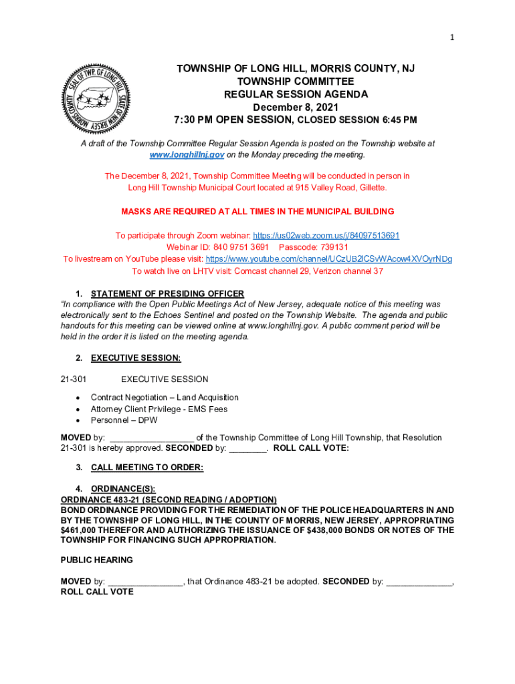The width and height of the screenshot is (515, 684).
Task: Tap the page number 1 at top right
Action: coord(452,38)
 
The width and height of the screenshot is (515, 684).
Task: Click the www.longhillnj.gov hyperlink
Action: coord(187,155)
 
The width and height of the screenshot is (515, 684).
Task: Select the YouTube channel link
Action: coord(328,259)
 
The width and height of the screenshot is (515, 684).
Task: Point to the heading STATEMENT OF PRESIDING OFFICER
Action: coord(167,294)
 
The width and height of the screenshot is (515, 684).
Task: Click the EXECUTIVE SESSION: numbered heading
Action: coord(136,358)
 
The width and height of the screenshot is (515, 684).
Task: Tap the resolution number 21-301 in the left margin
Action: coord(74,379)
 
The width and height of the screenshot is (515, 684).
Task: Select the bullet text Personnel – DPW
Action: coord(124,421)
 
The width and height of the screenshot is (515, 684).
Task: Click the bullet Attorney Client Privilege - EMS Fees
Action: coord(159,409)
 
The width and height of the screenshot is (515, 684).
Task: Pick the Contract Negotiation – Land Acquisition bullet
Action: coord(165,397)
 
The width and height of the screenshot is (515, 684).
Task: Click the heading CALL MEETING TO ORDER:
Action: coord(147,468)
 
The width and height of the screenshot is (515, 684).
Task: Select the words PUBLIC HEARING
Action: coord(97,560)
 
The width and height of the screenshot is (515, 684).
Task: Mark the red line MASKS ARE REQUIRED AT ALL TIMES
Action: coord(257,212)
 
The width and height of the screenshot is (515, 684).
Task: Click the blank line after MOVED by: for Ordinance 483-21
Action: coord(145,582)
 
